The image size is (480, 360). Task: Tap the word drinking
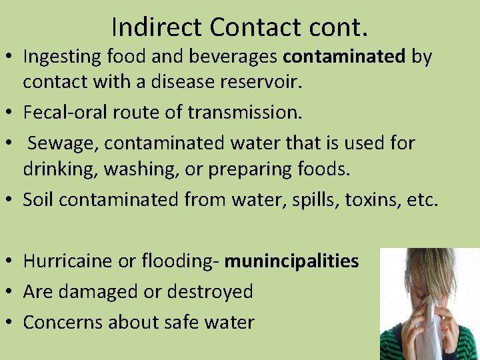click(x=61, y=169)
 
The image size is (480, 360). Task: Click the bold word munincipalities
click(x=291, y=261)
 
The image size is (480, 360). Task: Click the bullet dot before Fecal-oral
click(x=11, y=113)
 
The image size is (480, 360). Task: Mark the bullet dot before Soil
click(x=11, y=199)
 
